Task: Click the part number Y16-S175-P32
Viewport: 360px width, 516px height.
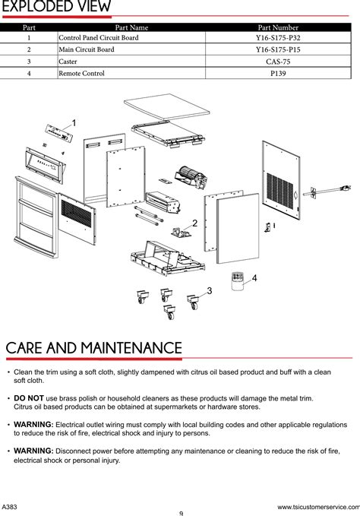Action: [278, 37]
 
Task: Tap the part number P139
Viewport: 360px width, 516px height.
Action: [278, 74]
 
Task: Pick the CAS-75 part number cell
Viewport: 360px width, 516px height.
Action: [278, 62]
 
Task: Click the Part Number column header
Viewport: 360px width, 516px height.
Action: [278, 27]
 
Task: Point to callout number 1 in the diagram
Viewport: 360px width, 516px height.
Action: [74, 123]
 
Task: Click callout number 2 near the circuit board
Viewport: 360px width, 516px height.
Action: [194, 223]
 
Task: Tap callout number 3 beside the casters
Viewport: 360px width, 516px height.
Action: [210, 291]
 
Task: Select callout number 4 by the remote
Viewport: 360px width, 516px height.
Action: [254, 278]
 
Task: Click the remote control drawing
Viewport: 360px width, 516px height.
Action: [237, 281]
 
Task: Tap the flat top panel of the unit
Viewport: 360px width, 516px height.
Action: [166, 106]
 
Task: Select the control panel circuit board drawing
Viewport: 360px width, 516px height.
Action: [58, 133]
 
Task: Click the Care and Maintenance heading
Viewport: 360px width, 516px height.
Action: [93, 348]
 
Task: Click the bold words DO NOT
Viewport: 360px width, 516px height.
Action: [29, 398]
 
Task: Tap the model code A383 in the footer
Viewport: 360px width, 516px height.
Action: [9, 507]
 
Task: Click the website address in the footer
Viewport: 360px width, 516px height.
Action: [318, 507]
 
